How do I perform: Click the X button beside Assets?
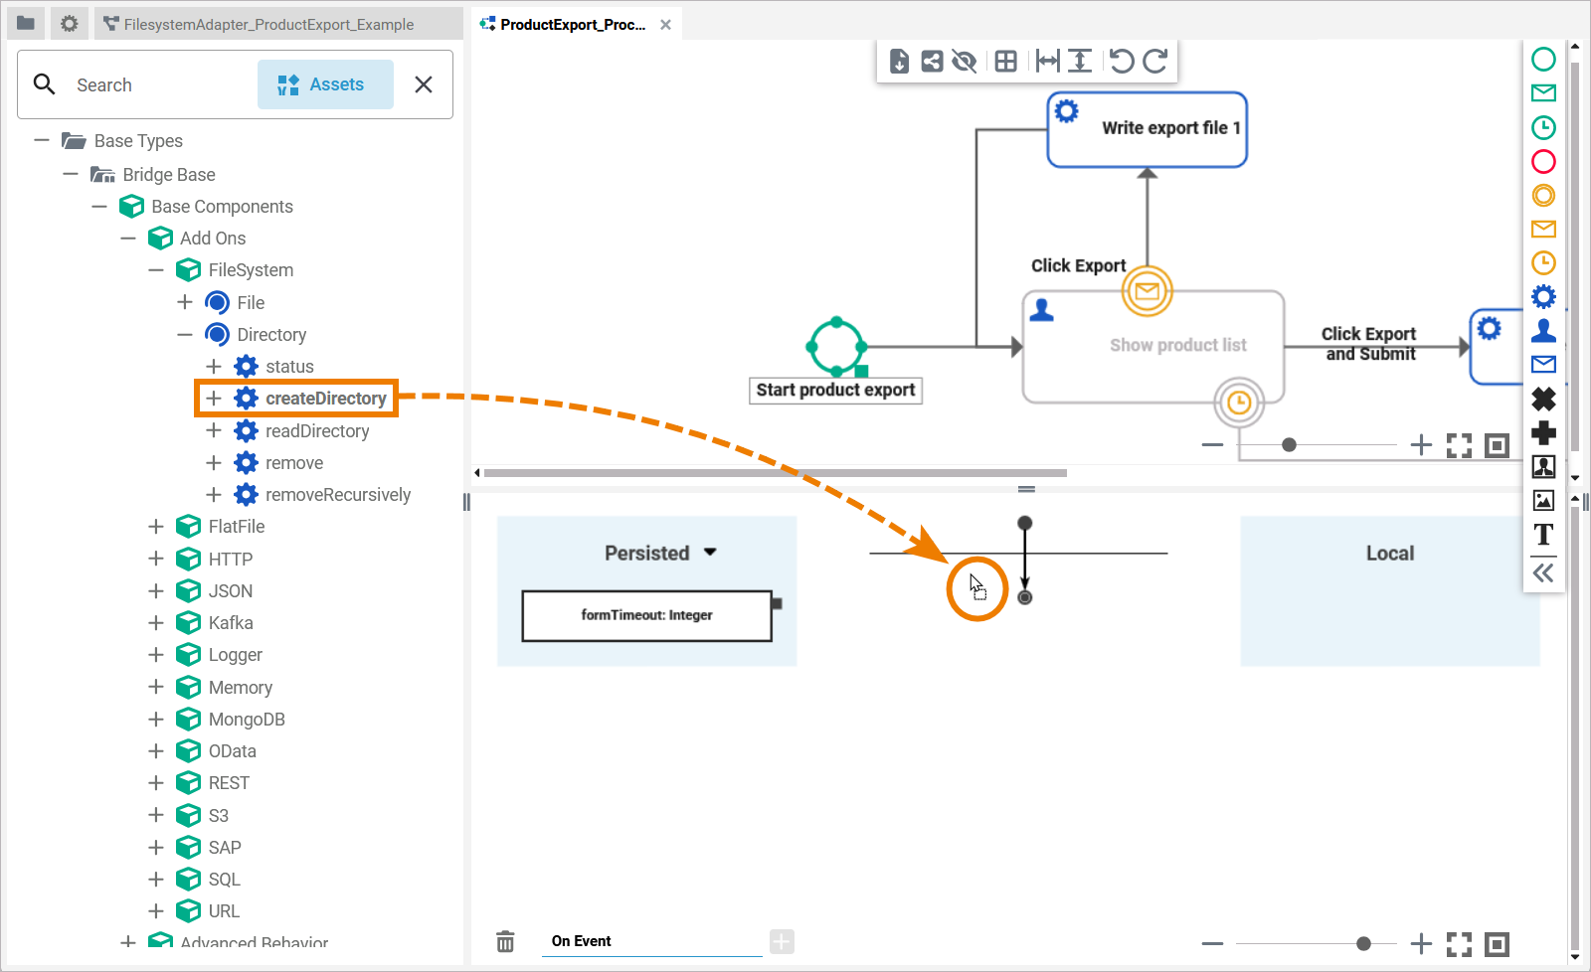(424, 84)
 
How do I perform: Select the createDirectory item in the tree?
(325, 399)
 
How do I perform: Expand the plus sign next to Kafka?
(155, 623)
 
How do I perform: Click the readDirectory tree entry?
(317, 431)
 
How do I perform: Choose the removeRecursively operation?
(338, 495)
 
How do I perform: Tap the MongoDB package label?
(247, 720)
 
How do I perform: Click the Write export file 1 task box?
(1148, 129)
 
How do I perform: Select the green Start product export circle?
(836, 347)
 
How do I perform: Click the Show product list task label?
(1177, 345)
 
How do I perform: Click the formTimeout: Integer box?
(646, 615)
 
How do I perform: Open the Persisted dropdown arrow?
(710, 553)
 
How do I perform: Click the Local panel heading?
(1390, 554)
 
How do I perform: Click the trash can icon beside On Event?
(505, 941)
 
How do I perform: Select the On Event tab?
(581, 941)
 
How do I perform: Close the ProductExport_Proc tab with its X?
(665, 25)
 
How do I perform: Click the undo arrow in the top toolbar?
(1122, 61)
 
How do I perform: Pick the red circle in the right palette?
(1543, 162)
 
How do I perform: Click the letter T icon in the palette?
(1543, 535)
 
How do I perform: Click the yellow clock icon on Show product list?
(1239, 403)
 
